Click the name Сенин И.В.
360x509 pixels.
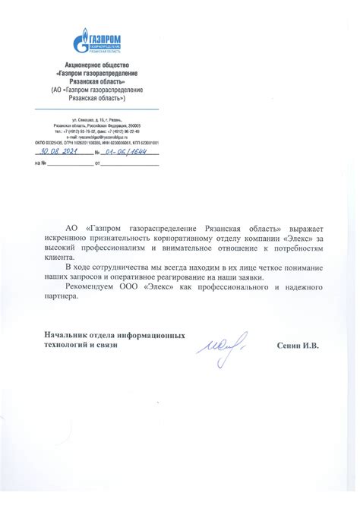coord(298,345)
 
